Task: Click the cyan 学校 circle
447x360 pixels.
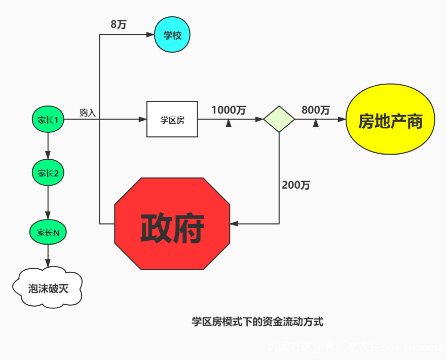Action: (x=172, y=35)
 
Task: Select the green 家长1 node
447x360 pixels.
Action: (x=48, y=120)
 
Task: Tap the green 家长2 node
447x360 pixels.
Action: (x=48, y=173)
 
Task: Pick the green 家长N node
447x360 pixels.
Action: (x=48, y=233)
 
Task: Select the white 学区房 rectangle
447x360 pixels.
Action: (x=172, y=120)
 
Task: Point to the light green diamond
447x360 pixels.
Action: (x=279, y=120)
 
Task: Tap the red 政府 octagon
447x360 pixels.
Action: (x=172, y=224)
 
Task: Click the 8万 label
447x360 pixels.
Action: (x=118, y=24)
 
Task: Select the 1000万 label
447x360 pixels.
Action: (x=229, y=110)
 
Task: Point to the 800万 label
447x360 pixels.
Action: (x=315, y=110)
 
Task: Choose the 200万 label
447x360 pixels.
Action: (x=296, y=185)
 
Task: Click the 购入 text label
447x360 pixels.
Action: (x=88, y=113)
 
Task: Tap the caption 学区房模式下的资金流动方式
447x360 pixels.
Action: (x=257, y=321)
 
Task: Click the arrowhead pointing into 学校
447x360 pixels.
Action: (x=150, y=35)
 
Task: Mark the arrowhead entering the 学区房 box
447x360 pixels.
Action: (x=143, y=120)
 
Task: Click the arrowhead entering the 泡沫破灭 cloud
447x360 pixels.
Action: (x=48, y=263)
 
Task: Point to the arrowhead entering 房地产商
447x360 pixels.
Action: (x=342, y=120)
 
